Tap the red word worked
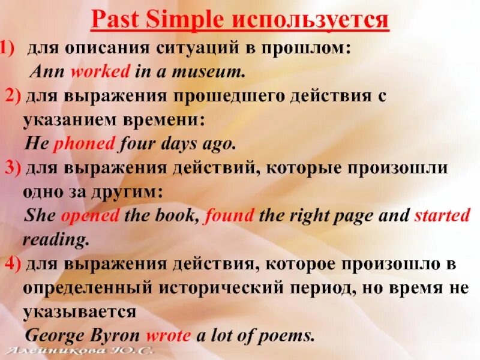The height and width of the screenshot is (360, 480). click(x=100, y=72)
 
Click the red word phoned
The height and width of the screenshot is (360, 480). click(x=84, y=144)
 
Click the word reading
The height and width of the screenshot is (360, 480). click(x=56, y=240)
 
